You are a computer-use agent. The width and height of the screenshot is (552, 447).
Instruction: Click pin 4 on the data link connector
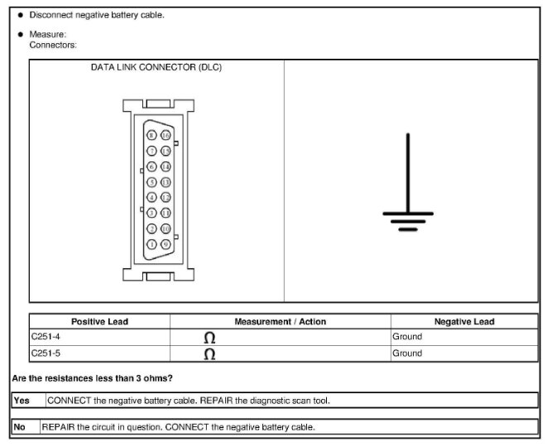151,197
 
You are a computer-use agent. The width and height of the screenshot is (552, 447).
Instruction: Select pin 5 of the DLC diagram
151,181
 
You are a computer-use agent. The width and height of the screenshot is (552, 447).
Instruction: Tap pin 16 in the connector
166,135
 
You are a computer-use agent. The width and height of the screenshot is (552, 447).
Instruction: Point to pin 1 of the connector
151,244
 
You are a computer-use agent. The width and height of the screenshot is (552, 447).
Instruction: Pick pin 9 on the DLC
166,244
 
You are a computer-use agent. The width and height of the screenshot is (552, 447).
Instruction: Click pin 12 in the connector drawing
166,197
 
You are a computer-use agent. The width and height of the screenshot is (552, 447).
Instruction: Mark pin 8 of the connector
151,135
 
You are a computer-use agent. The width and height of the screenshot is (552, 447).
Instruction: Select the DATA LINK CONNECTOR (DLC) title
156,67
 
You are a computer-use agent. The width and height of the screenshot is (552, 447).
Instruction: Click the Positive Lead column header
99,321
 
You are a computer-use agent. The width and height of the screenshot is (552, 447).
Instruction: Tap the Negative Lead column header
464,321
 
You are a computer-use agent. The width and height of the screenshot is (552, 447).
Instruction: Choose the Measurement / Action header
281,321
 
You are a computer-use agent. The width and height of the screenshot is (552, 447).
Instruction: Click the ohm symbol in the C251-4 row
209,338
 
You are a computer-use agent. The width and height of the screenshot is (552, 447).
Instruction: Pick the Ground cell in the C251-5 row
407,353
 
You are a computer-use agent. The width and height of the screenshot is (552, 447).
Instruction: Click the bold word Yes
22,400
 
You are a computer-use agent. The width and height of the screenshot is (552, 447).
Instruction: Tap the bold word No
20,427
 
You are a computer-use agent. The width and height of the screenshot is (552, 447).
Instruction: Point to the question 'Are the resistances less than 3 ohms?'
92,378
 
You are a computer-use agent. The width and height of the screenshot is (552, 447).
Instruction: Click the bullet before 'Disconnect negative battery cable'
20,15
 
